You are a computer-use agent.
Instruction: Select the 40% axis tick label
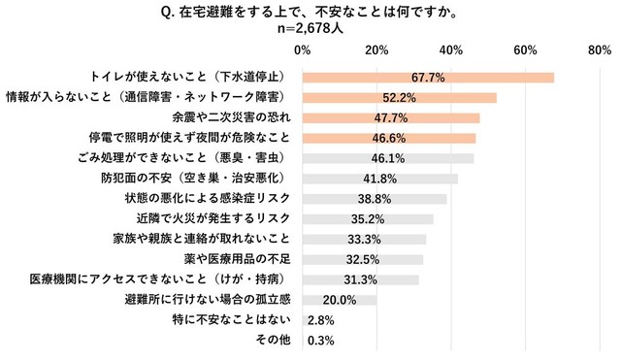coord(450,49)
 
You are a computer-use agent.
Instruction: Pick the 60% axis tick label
coord(525,49)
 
